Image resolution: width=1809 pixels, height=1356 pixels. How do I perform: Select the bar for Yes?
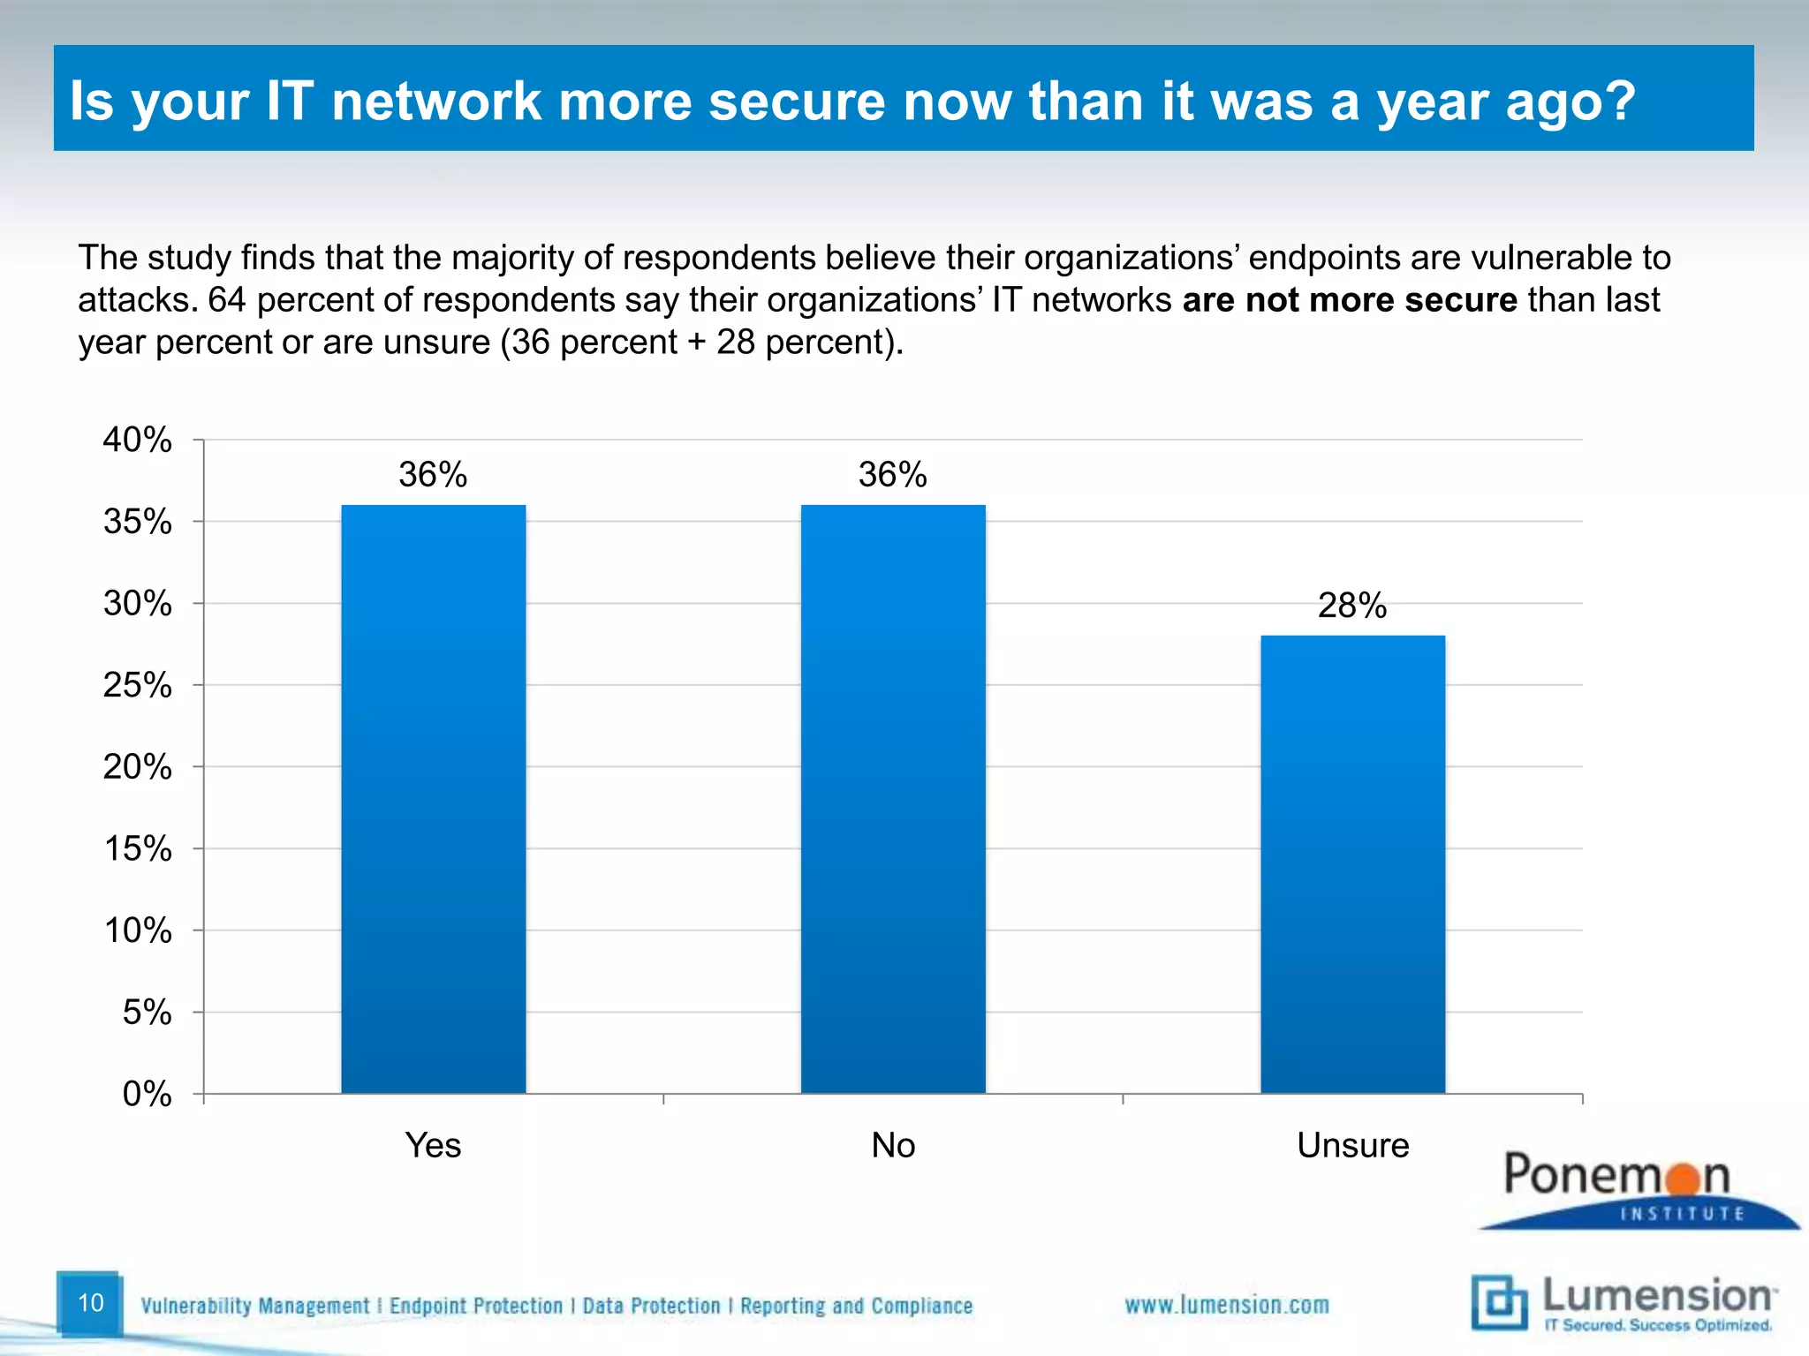pyautogui.click(x=433, y=799)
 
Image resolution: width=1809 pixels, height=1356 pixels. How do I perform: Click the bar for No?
pyautogui.click(x=893, y=799)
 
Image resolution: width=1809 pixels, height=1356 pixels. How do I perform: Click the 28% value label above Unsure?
pyautogui.click(x=1352, y=606)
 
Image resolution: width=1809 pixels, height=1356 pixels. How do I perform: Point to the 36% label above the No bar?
pyautogui.click(x=893, y=475)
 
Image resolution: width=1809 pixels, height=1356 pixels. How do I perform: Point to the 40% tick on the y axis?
pyautogui.click(x=138, y=440)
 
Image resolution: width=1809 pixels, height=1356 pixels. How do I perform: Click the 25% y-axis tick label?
pyautogui.click(x=138, y=685)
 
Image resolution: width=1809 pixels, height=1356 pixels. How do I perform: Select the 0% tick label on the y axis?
pyautogui.click(x=147, y=1094)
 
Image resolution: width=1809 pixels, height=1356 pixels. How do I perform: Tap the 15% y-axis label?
pyautogui.click(x=138, y=848)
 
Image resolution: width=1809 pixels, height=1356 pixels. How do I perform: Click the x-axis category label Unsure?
pyautogui.click(x=1352, y=1145)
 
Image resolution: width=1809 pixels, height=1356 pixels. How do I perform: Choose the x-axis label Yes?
pyautogui.click(x=433, y=1145)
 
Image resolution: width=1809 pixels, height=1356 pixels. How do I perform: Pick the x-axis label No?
pyautogui.click(x=893, y=1145)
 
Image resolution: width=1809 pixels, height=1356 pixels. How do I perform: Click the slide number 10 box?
pyautogui.click(x=90, y=1303)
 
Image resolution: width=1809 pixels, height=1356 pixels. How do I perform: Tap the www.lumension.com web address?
pyautogui.click(x=1226, y=1305)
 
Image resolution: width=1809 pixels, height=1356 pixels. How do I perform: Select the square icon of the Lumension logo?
pyautogui.click(x=1499, y=1302)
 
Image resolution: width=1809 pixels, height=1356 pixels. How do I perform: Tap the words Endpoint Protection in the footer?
pyautogui.click(x=476, y=1306)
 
